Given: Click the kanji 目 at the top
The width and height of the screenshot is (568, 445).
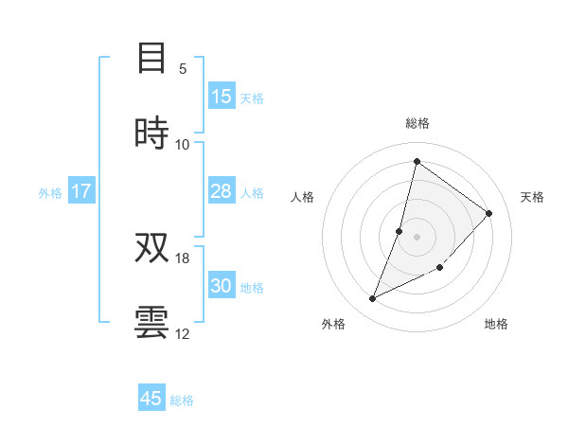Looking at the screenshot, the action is [x=151, y=60].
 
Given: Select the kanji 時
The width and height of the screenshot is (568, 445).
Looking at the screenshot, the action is [x=151, y=132].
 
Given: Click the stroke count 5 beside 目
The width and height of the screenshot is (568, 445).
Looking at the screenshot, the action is [x=183, y=69].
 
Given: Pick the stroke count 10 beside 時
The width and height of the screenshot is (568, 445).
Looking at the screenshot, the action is [x=183, y=144].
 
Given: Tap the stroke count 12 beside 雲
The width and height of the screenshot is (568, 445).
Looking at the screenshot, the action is [x=183, y=333].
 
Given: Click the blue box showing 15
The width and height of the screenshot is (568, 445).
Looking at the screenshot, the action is [x=222, y=97].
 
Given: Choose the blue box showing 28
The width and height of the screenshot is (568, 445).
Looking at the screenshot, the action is [x=222, y=191].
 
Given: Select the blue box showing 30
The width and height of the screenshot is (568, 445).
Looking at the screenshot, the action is [x=222, y=286].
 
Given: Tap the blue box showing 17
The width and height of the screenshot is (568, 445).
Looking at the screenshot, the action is [x=81, y=191].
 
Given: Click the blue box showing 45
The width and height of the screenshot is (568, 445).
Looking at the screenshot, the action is [x=151, y=399].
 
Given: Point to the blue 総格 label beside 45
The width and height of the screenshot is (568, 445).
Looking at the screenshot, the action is [x=182, y=400].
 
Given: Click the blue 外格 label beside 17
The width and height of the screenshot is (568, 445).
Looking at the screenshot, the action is [x=50, y=193].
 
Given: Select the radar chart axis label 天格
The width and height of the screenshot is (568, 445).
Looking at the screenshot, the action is [x=532, y=197].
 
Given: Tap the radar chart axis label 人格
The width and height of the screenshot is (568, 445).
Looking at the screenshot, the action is [x=302, y=197].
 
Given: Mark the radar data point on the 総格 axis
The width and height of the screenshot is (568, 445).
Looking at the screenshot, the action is [x=417, y=161].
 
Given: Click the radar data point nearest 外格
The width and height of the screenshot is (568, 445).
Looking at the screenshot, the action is [x=373, y=299].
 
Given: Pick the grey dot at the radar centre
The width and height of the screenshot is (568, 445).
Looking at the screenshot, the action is [x=417, y=236].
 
